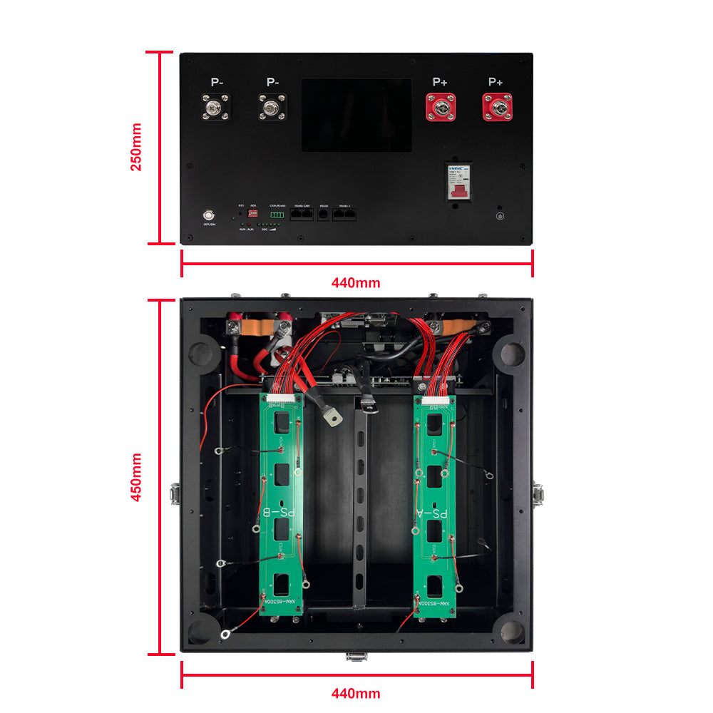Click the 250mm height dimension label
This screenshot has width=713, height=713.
(136, 147)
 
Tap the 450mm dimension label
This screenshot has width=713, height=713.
(136, 477)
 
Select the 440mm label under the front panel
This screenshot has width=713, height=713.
(356, 282)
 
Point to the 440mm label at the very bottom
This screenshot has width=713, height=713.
(356, 693)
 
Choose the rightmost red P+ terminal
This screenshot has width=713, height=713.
(496, 108)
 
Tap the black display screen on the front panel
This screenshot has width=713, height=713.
(356, 115)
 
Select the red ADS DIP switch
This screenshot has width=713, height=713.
(253, 212)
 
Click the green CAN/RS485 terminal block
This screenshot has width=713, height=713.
(277, 213)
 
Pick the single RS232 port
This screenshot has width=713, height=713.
(324, 212)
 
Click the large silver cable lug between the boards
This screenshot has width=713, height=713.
(332, 417)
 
